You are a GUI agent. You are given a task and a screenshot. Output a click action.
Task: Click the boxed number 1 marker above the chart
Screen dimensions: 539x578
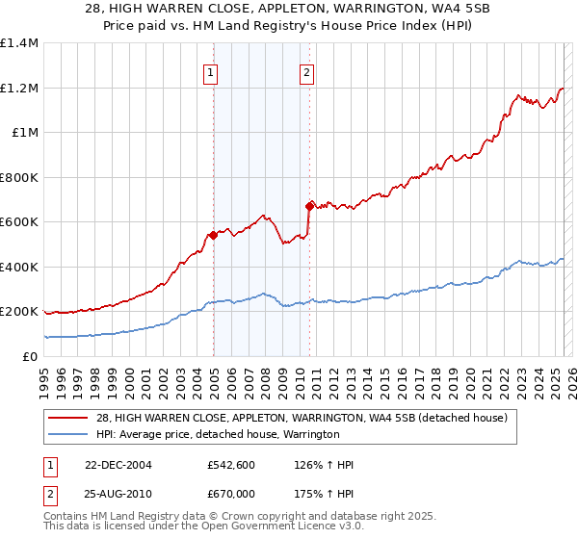tap(210, 71)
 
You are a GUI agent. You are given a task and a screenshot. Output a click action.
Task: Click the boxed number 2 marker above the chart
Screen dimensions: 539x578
tap(306, 71)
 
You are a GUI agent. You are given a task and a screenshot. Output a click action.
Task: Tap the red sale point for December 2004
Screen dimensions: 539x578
tap(213, 235)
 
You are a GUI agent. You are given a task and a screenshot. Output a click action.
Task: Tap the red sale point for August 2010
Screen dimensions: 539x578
tap(309, 206)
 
